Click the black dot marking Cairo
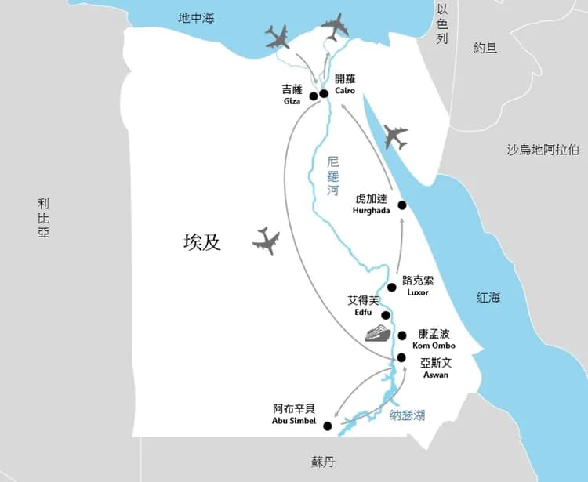point(324,94)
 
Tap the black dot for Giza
point(314,96)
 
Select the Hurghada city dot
point(402,205)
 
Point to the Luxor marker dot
point(392,287)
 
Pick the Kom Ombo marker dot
point(402,335)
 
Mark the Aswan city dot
point(401,357)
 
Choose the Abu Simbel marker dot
point(327,426)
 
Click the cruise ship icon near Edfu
point(377,332)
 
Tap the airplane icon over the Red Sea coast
point(396,137)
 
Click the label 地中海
point(195,17)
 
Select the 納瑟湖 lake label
point(407,415)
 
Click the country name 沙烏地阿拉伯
point(543,150)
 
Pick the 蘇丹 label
point(323,462)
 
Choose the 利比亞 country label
point(43,217)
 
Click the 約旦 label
point(485,48)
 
